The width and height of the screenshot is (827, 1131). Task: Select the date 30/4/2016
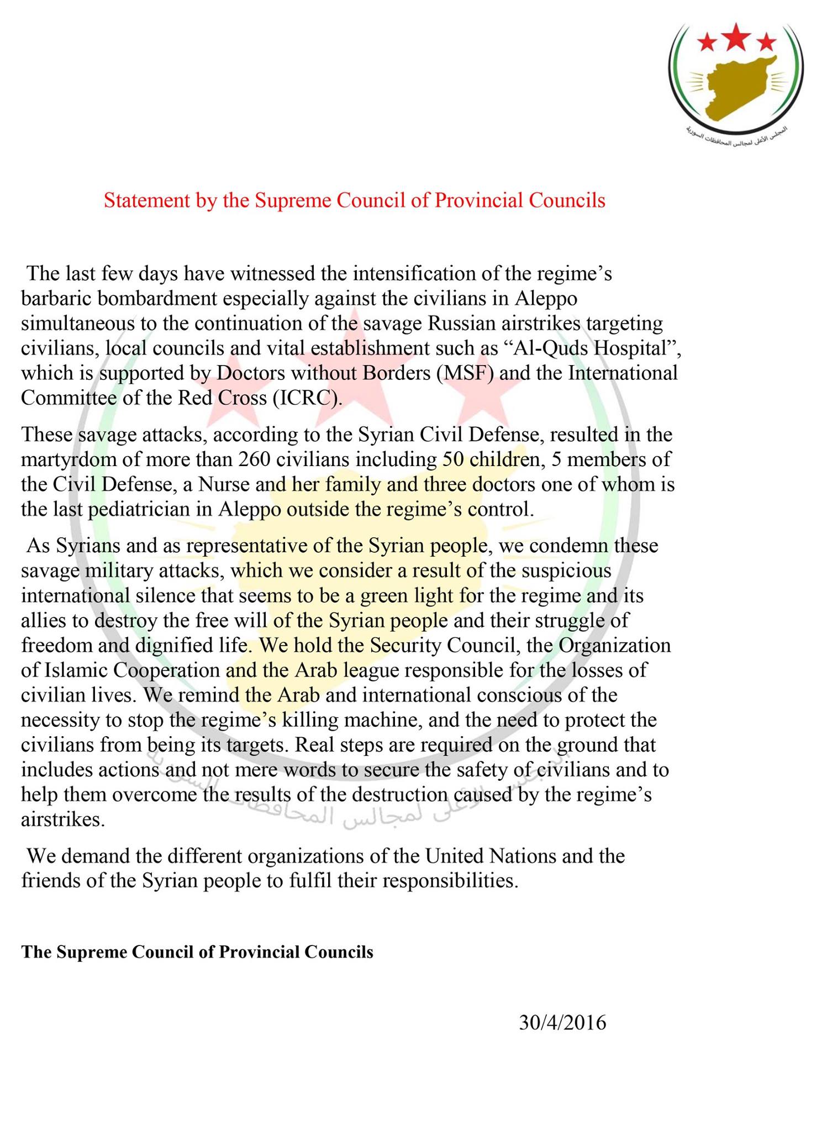click(x=562, y=1023)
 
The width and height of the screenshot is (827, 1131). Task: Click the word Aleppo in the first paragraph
click(x=546, y=299)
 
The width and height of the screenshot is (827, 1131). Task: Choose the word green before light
click(x=389, y=596)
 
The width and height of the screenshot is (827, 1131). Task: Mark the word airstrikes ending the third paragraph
click(x=62, y=820)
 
